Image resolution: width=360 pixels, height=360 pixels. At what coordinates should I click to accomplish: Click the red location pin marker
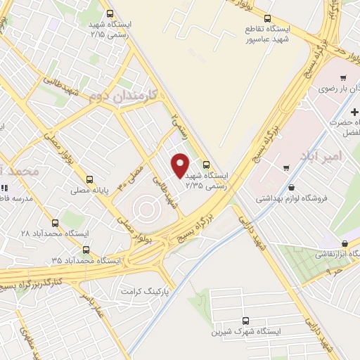(180, 165)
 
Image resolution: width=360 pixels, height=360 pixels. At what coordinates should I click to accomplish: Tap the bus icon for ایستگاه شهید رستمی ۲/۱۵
(109, 13)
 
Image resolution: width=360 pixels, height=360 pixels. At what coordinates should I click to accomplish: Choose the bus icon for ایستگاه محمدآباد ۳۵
(86, 249)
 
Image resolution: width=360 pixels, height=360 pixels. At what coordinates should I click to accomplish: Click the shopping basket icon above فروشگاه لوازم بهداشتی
(292, 187)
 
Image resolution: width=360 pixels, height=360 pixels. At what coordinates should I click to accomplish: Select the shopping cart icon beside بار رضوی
(342, 77)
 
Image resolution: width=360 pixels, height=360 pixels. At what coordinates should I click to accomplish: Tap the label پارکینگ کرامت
(146, 290)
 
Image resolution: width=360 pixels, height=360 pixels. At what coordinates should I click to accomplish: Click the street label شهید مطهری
(27, 340)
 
